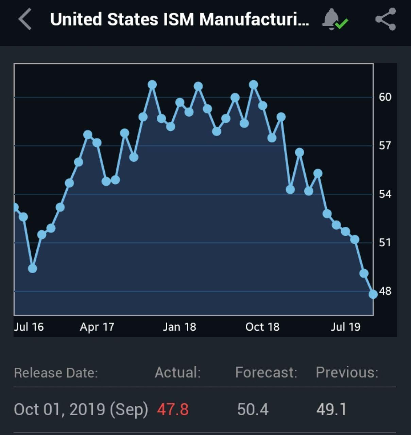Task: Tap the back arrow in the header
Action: click(25, 19)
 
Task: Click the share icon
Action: click(386, 19)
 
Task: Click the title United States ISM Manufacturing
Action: click(179, 19)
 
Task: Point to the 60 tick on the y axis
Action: click(385, 97)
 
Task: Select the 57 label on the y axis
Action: click(385, 146)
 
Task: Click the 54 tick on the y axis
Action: click(385, 194)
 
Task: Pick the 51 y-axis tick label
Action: click(385, 243)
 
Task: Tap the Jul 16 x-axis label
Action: click(29, 327)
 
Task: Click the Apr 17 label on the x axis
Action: click(97, 327)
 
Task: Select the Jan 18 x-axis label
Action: click(179, 327)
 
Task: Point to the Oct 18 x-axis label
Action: click(262, 327)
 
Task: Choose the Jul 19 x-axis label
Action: click(345, 327)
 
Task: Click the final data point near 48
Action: click(373, 294)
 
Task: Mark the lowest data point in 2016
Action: click(32, 268)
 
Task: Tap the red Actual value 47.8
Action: click(173, 409)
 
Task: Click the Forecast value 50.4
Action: click(253, 409)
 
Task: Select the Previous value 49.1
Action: click(331, 409)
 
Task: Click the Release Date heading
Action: click(56, 373)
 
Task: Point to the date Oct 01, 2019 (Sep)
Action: click(81, 409)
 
